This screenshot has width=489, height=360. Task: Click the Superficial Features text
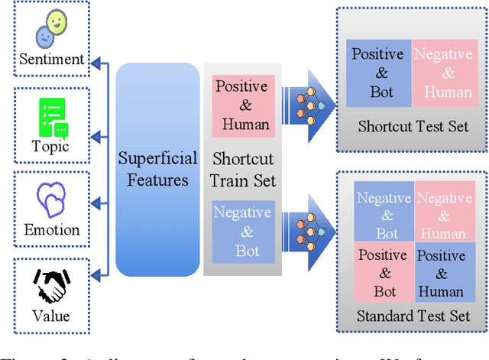point(157,170)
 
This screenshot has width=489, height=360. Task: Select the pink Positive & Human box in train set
point(241,105)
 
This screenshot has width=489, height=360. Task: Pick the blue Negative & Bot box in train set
point(241,231)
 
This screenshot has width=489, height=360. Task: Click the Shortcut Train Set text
point(241,170)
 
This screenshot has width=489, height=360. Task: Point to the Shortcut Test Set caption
point(413,126)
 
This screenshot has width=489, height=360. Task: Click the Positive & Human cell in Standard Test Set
point(441,274)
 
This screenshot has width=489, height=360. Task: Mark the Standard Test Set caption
point(413,316)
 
